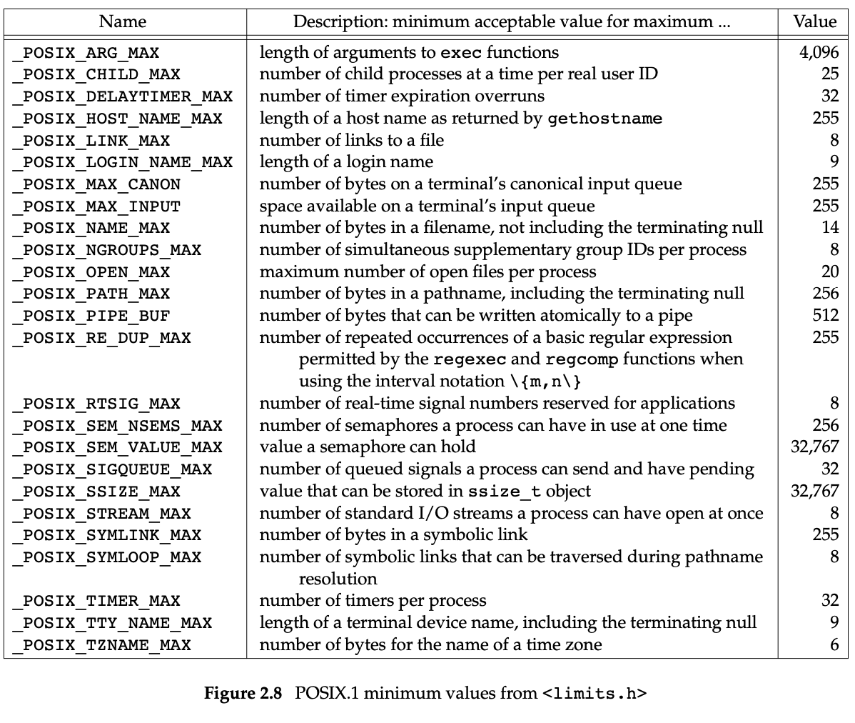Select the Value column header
(814, 21)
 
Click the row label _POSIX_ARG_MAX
(86, 53)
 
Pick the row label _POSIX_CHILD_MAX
(96, 75)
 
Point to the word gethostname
(604, 119)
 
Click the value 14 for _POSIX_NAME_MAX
(829, 228)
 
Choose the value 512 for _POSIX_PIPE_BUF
(826, 316)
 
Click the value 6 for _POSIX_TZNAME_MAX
(834, 645)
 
